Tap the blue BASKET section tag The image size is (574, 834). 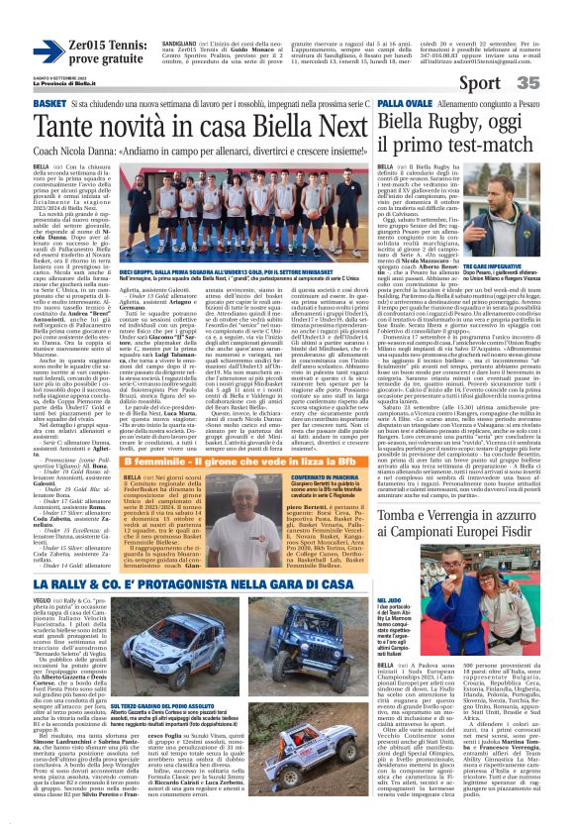click(22, 104)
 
